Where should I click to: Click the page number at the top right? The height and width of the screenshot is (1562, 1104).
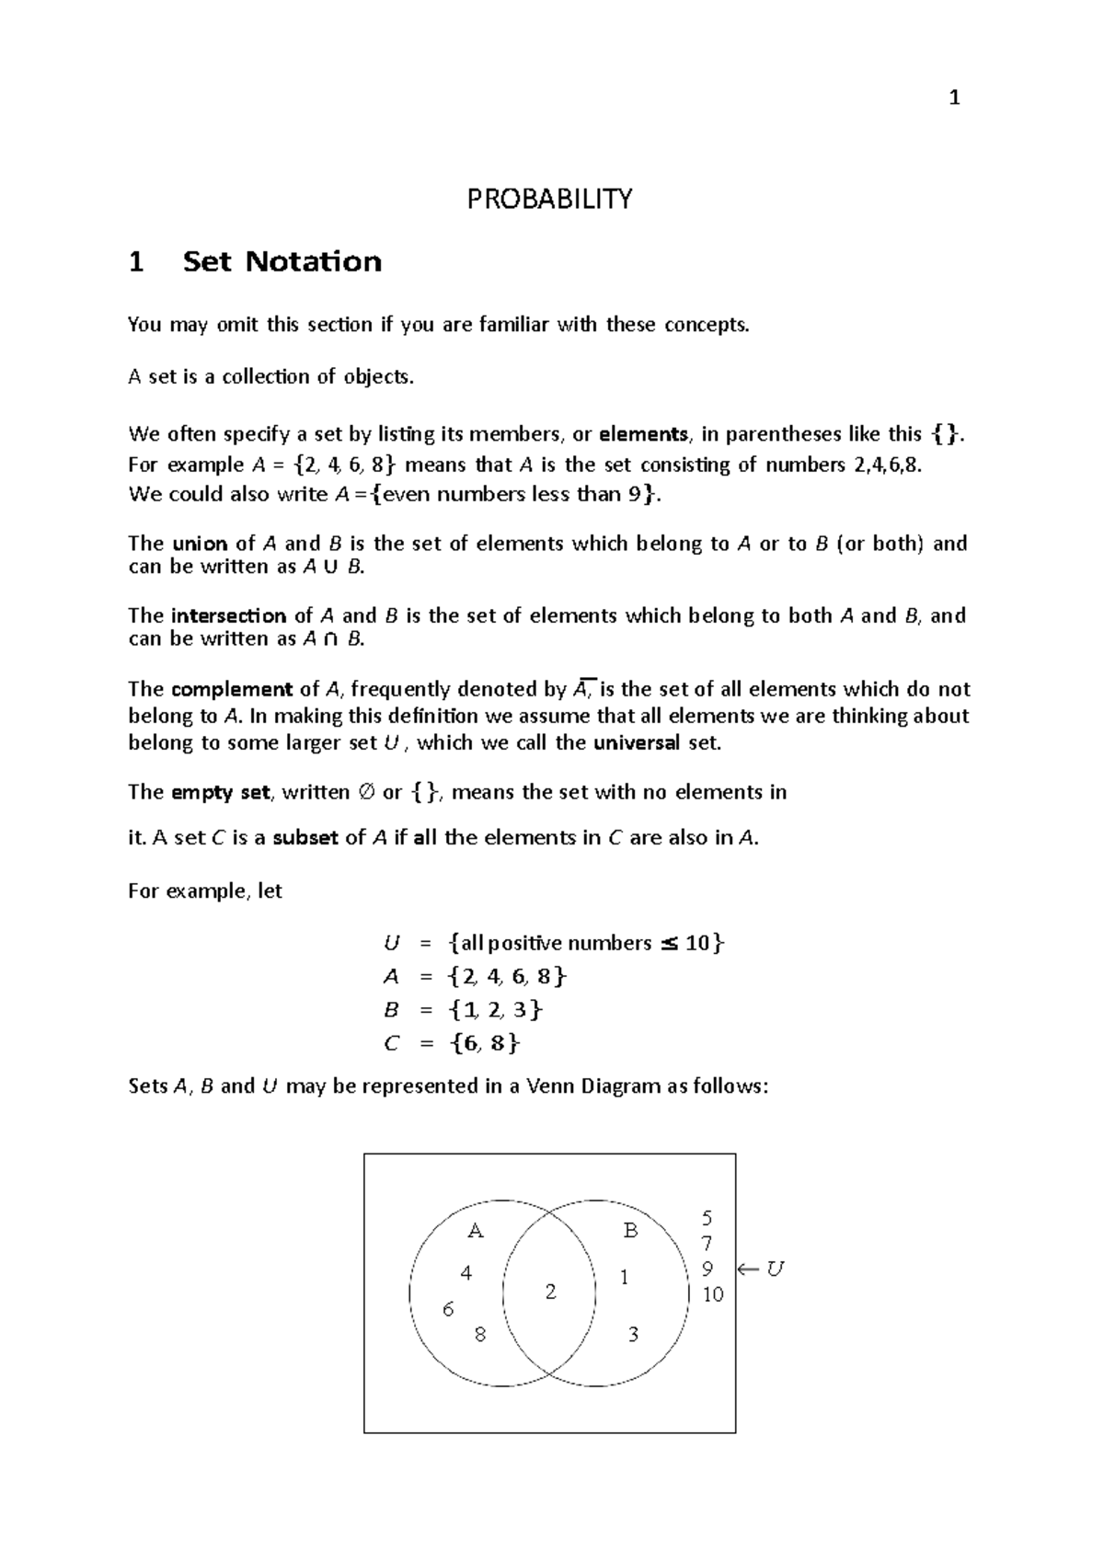(x=954, y=98)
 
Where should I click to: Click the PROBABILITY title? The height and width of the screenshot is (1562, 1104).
(x=549, y=199)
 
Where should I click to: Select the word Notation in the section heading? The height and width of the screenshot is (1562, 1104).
(x=313, y=262)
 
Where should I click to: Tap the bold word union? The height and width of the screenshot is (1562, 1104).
(x=200, y=544)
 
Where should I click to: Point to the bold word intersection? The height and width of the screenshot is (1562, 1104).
(x=228, y=615)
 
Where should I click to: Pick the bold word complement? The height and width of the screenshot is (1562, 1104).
(x=232, y=689)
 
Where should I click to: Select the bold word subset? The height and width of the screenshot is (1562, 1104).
(x=305, y=838)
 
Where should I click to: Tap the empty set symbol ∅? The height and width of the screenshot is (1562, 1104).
(x=364, y=792)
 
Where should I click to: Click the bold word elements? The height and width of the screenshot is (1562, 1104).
(x=643, y=434)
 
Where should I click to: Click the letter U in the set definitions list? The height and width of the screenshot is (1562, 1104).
(x=392, y=943)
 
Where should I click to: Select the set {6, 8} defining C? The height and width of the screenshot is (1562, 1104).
(x=485, y=1043)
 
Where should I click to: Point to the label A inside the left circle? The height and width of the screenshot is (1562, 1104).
(x=476, y=1231)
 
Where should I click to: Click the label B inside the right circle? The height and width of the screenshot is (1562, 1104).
(x=630, y=1231)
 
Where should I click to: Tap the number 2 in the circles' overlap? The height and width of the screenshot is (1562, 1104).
(x=550, y=1292)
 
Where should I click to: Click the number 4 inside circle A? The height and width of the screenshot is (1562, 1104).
(x=466, y=1273)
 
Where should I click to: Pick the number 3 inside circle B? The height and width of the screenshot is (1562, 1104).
(x=633, y=1335)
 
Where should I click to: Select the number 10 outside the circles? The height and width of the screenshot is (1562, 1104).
(x=713, y=1295)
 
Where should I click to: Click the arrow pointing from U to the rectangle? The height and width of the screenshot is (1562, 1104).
(x=748, y=1270)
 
